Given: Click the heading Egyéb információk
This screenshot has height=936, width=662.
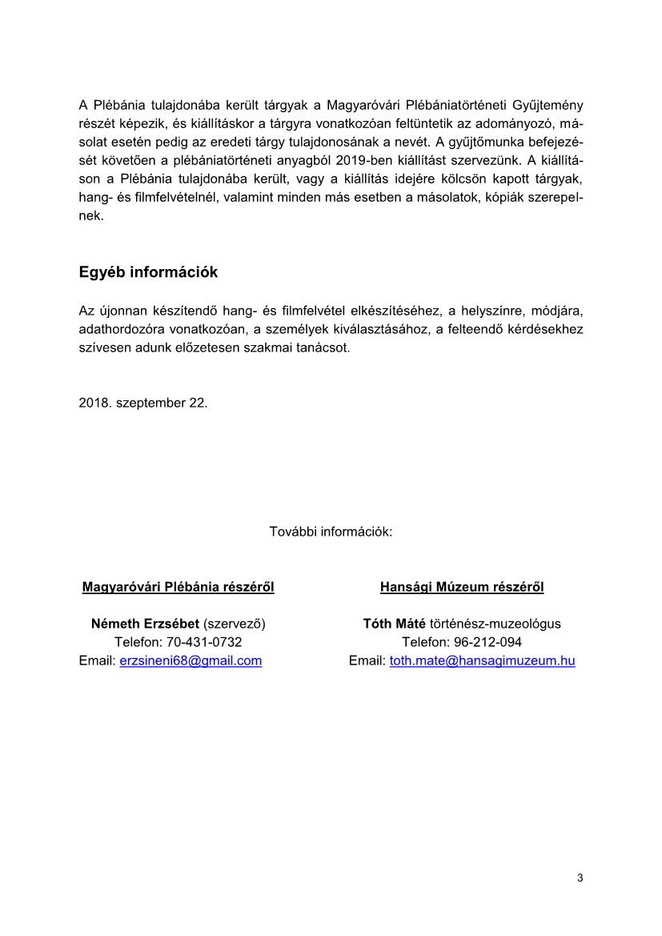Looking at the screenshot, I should [148, 272].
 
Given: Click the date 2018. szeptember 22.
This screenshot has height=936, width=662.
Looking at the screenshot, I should [142, 403].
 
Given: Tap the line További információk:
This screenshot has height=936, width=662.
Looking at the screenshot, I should [331, 531].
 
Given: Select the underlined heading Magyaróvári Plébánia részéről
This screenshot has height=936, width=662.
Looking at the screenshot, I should [179, 587].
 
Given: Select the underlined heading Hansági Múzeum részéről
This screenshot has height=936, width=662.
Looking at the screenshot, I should [462, 587].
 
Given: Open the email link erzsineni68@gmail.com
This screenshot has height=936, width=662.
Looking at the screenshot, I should [191, 661].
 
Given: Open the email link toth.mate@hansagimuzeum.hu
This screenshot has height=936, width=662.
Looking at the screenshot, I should [482, 661].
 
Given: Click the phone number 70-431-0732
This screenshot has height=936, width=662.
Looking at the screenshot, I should [204, 642].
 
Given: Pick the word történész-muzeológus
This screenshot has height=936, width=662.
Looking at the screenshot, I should [495, 624].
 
